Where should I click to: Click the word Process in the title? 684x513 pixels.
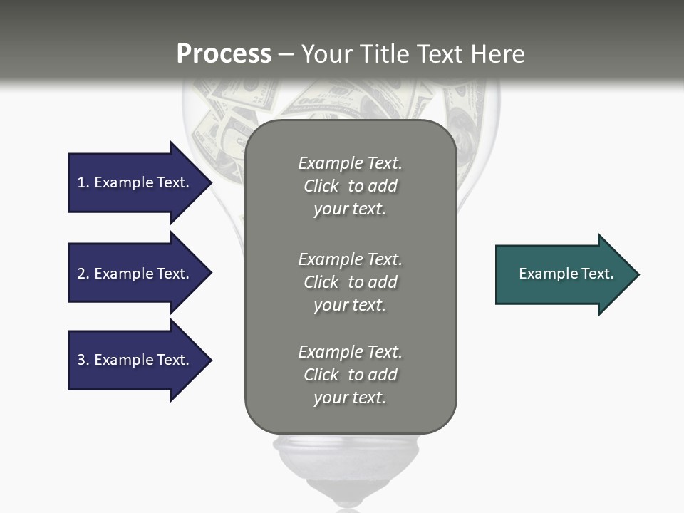click(224, 54)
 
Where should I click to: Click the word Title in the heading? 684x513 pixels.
click(385, 54)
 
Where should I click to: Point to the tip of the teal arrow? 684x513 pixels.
click(637, 274)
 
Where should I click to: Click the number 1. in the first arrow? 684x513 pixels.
click(83, 182)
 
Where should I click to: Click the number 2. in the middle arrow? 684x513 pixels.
click(83, 274)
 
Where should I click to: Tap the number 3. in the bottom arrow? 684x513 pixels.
click(83, 360)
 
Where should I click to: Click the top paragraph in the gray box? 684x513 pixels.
click(350, 186)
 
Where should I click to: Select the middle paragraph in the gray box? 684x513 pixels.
click(350, 282)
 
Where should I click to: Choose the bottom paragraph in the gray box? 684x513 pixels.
click(350, 375)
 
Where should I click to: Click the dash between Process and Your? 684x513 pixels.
click(286, 55)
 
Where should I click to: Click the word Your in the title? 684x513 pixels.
click(327, 54)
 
